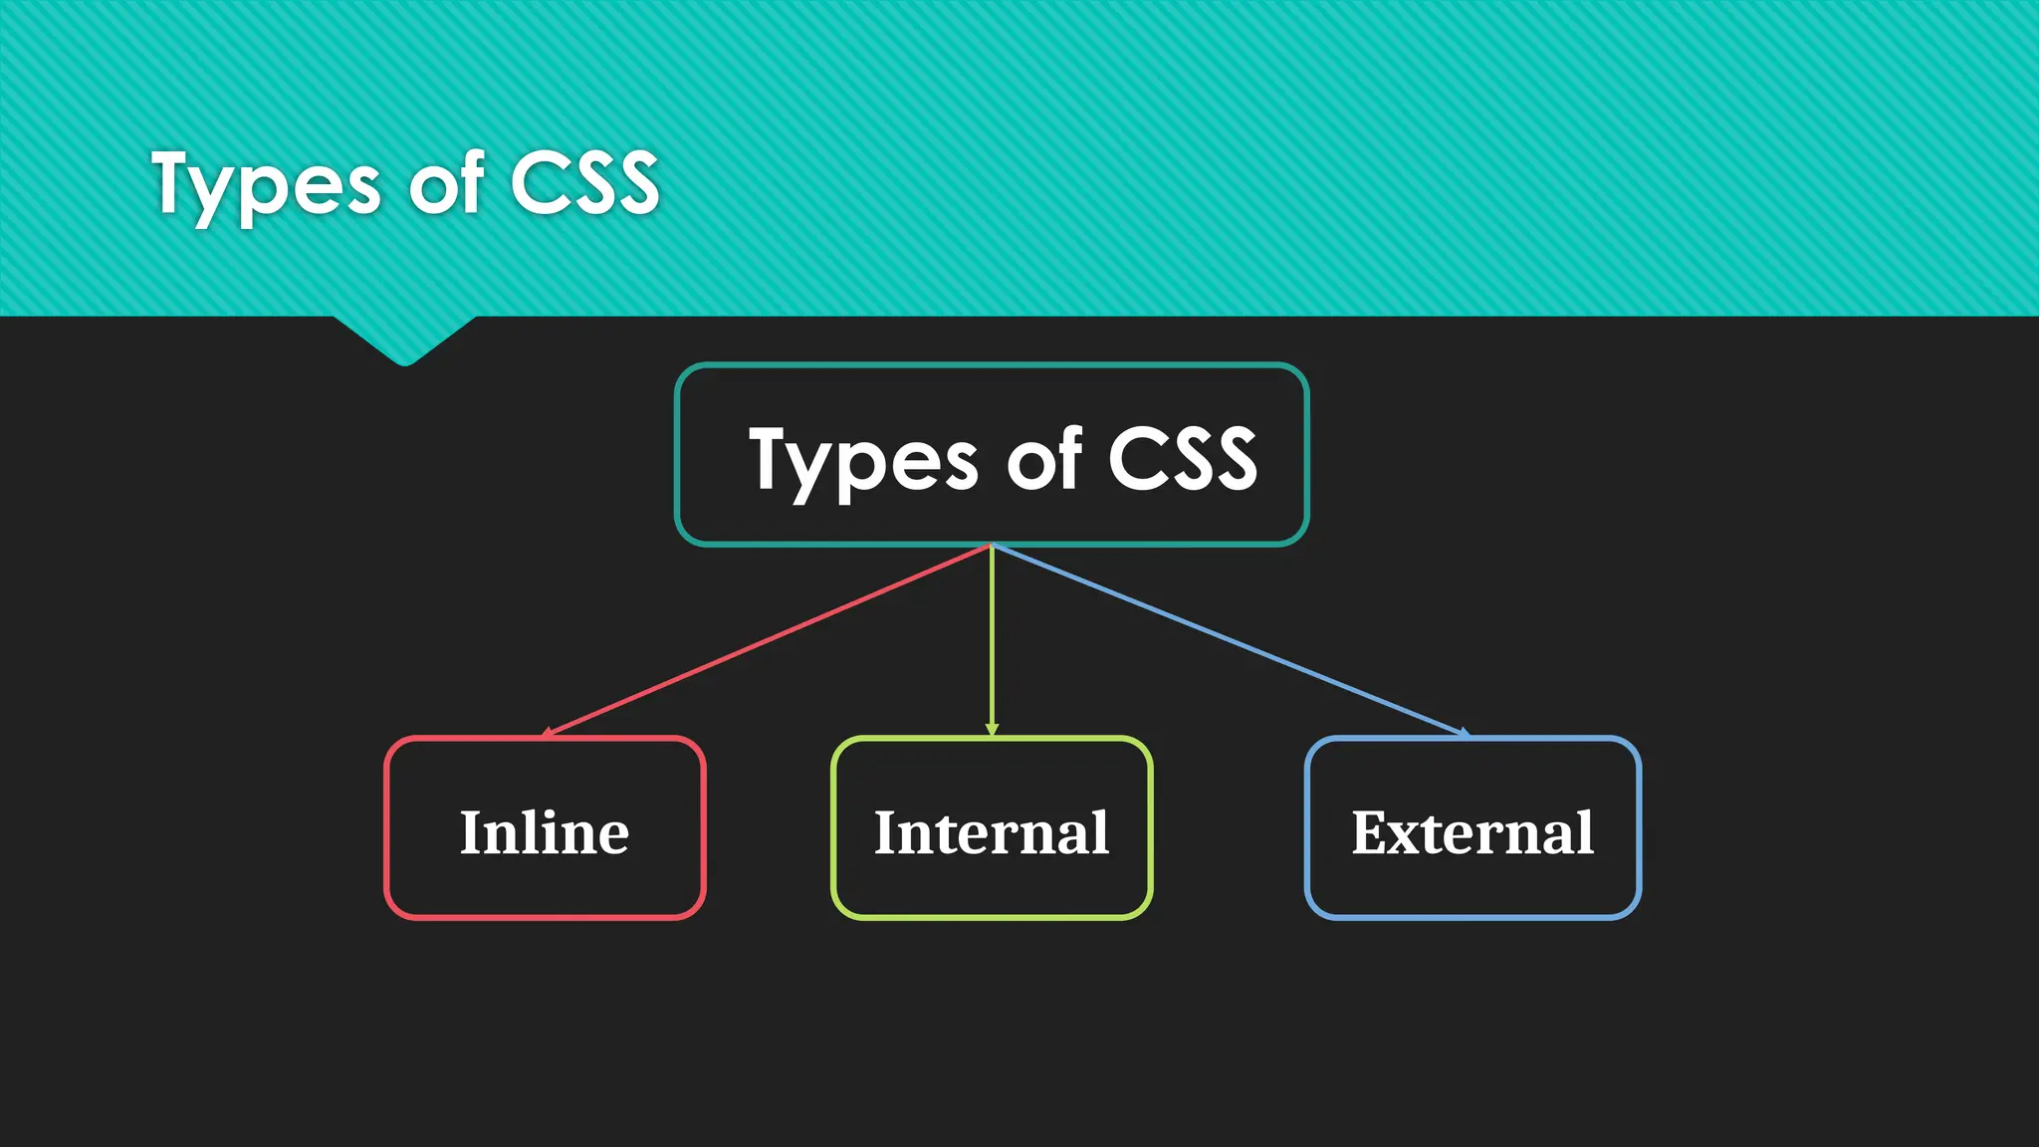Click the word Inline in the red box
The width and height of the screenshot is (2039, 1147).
coord(544,832)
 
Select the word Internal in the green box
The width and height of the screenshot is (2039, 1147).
coord(991,832)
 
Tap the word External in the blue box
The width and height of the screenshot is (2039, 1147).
coord(1472,832)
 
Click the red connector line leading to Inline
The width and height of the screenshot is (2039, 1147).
coord(767,640)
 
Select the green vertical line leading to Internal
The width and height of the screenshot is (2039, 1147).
coord(992,637)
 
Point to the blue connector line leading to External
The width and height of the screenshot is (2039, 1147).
coord(1230,640)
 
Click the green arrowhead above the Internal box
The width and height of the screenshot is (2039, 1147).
coord(992,730)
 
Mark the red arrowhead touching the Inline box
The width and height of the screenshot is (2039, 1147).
coord(548,734)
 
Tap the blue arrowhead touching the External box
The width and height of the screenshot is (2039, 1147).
coord(1464,733)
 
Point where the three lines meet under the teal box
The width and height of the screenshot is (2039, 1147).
coord(992,546)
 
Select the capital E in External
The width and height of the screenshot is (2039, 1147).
coord(1371,832)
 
